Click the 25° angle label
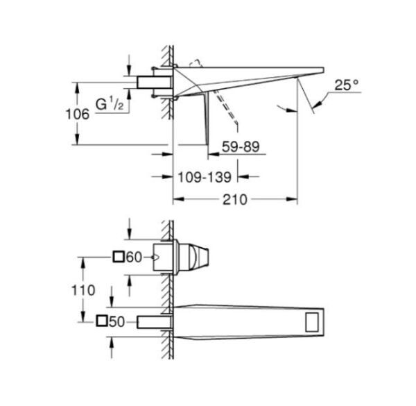click(x=346, y=86)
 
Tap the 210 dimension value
click(x=235, y=199)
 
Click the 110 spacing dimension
click(x=84, y=290)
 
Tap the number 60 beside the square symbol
click(x=134, y=257)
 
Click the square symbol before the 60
click(x=119, y=257)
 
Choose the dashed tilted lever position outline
click(x=226, y=108)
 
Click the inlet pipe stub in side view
click(x=153, y=83)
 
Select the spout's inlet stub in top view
click(x=154, y=321)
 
